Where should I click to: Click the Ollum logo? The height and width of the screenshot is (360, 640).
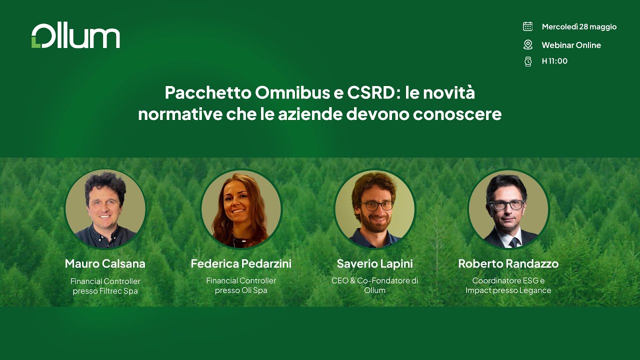(x=75, y=36)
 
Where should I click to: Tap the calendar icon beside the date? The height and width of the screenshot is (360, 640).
(x=527, y=26)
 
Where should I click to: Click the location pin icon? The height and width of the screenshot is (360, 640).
(x=527, y=45)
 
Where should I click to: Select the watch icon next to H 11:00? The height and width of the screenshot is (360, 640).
(x=527, y=61)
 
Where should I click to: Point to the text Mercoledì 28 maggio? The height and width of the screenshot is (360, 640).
(x=579, y=27)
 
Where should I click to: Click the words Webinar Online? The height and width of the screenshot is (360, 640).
(x=571, y=45)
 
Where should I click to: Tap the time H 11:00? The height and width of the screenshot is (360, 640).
(x=554, y=61)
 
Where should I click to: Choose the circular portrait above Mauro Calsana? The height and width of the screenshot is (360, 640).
(x=105, y=209)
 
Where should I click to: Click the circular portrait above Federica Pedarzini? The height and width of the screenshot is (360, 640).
(x=241, y=209)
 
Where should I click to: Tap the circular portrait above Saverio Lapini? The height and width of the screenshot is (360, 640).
(x=375, y=209)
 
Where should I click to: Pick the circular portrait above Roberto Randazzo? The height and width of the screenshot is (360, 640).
(x=508, y=209)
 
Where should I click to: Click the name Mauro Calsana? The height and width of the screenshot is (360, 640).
(x=105, y=263)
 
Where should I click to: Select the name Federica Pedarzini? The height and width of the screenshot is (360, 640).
(x=241, y=263)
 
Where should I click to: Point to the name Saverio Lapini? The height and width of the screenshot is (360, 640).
(x=375, y=263)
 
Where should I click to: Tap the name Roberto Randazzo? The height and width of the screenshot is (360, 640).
(x=508, y=263)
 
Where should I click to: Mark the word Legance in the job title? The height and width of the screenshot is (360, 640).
(x=535, y=290)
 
